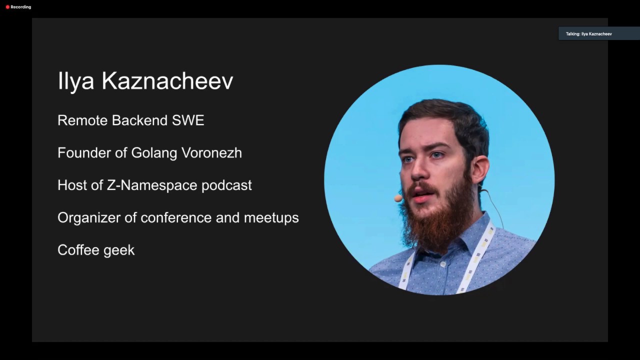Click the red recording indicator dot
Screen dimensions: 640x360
7,7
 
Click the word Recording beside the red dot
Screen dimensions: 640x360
21,7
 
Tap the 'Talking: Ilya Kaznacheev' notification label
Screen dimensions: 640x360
589,34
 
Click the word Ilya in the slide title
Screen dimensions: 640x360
75,81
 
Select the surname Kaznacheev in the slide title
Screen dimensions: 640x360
167,81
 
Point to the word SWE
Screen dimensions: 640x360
188,120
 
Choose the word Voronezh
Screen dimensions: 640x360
211,153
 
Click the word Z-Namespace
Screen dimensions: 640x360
152,185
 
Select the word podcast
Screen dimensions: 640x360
226,185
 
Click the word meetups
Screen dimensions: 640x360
271,218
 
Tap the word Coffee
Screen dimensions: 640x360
78,250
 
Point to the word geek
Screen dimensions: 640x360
119,250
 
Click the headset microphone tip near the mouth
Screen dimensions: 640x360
398,198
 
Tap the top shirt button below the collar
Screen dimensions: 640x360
443,264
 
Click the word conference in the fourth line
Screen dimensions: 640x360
175,218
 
